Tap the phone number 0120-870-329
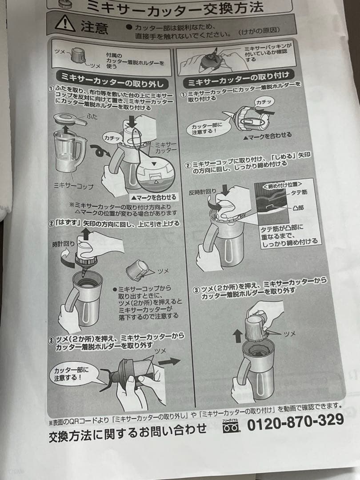click(295, 420)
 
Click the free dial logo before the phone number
click(230, 425)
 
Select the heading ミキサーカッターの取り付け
click(239, 80)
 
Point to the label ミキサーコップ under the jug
click(73, 185)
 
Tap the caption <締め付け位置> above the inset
click(283, 183)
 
